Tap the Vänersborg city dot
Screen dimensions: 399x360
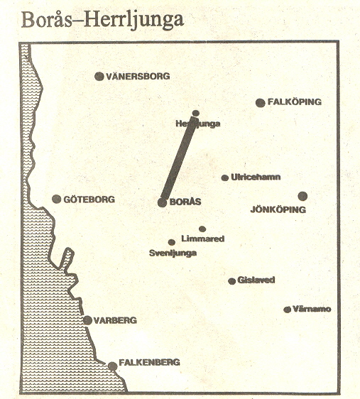(99, 76)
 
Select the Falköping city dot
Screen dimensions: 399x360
(261, 103)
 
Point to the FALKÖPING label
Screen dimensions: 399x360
(295, 102)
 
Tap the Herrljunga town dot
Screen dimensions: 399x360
(195, 114)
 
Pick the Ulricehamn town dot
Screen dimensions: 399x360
(225, 177)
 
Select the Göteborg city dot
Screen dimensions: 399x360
(57, 199)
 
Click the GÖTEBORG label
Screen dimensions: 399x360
(89, 199)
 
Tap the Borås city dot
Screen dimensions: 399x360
(163, 202)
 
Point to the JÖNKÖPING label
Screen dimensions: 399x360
(278, 210)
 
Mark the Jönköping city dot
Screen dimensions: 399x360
(302, 196)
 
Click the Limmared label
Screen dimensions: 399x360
(203, 239)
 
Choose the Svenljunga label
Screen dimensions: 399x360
(173, 253)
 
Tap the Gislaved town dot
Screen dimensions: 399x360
(231, 281)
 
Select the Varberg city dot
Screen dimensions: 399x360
(87, 320)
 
